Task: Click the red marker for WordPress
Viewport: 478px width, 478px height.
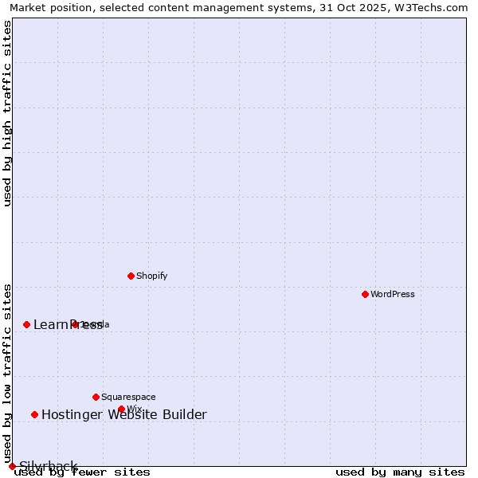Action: coord(365,294)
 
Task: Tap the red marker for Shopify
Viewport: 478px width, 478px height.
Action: coord(131,276)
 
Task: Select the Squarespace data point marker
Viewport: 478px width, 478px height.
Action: coord(96,397)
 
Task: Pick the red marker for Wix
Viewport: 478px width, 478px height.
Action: coord(121,409)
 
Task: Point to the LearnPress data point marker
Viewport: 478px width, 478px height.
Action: coord(26,324)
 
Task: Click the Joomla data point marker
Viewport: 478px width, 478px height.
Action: coord(75,324)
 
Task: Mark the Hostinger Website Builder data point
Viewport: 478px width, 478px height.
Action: coord(34,414)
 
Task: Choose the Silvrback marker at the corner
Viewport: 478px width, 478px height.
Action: coord(12,466)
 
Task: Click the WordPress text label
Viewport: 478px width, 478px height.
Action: coord(393,294)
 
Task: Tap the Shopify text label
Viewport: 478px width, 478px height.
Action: coord(151,276)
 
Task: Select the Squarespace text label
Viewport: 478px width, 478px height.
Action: coord(128,397)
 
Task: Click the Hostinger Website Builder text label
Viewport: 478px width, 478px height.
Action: coord(123,414)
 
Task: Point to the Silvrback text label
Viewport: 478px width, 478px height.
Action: coord(48,466)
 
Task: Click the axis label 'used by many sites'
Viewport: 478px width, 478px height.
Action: coord(400,472)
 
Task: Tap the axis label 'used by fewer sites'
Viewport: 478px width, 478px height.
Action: coord(82,472)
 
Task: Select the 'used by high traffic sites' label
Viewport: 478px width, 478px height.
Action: coord(8,113)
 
